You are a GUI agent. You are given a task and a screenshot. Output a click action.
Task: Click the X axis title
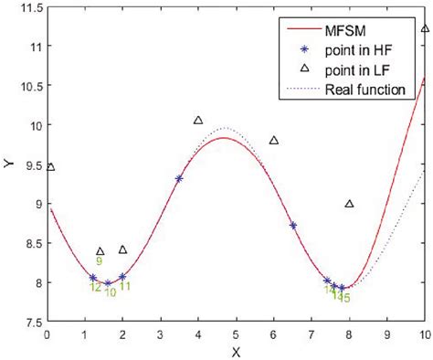coord(236,351)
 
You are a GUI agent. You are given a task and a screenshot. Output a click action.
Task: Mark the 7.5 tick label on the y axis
coord(30,323)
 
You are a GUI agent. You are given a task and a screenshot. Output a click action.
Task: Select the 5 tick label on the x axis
coord(236,335)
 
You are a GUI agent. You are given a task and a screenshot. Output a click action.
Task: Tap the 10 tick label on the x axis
coord(423,335)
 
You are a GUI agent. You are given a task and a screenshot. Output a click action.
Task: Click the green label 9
coord(99,261)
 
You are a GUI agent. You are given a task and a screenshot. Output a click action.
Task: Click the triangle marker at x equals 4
coord(198,121)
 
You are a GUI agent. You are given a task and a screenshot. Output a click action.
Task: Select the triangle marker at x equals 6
coord(274,141)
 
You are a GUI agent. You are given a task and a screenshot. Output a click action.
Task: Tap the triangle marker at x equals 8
coord(349,204)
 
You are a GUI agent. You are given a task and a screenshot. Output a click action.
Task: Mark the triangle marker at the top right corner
coord(425,29)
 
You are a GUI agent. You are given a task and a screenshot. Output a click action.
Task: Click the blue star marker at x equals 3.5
coord(179,179)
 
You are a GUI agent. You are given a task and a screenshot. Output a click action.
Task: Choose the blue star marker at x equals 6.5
coord(293,225)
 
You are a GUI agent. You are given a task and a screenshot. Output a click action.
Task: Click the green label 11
coord(125,286)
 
